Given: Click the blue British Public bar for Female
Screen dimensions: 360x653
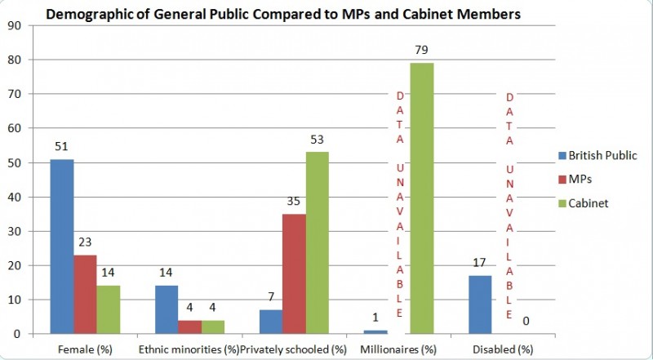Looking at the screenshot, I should [x=62, y=246].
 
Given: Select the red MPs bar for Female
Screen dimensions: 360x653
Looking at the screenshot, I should [x=86, y=294].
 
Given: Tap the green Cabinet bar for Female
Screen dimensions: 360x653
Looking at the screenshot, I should [x=109, y=309].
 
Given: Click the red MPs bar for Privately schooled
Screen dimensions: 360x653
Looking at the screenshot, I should [x=294, y=273].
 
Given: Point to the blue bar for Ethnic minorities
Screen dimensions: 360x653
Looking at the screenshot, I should [x=166, y=309].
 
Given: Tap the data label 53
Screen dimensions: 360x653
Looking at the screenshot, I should [x=318, y=140].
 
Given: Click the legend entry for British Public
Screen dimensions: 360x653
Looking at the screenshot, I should [x=603, y=154].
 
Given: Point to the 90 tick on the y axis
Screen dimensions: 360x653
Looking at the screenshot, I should [x=13, y=25].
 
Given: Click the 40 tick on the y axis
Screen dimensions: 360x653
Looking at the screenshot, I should [x=13, y=197].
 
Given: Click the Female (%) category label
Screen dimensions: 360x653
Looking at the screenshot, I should [x=86, y=349].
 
